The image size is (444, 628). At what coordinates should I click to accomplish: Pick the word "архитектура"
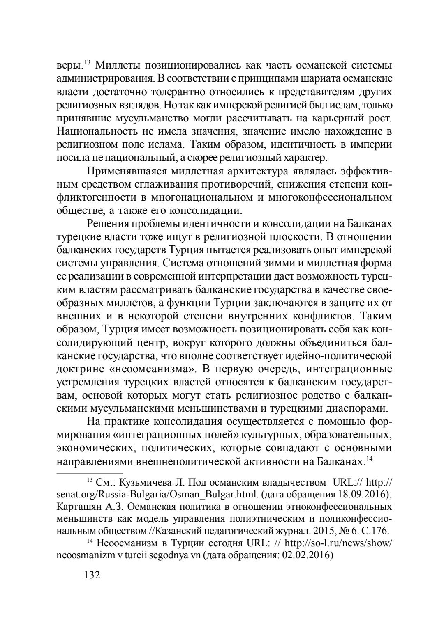(x=255, y=170)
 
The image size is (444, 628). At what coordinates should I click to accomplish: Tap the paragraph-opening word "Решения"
(x=109, y=224)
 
